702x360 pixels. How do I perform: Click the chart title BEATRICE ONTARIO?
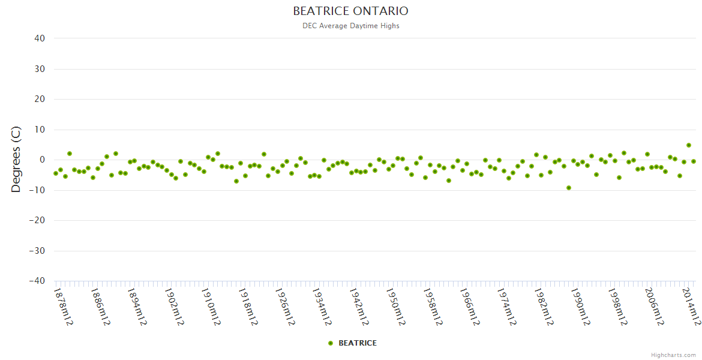pos(350,11)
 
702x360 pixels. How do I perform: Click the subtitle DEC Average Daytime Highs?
pos(350,26)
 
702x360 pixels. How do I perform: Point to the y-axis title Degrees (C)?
pos(16,160)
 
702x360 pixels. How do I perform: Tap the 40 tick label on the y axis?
pos(40,38)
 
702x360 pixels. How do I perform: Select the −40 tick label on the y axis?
pos(37,281)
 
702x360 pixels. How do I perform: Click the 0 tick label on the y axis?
pos(42,160)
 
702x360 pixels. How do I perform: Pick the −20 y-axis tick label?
pos(37,220)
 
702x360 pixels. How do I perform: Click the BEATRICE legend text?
pos(358,343)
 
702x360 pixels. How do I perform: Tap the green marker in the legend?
pos(331,343)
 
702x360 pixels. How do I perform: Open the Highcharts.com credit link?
pos(673,355)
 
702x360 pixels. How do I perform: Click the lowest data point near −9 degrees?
pos(569,188)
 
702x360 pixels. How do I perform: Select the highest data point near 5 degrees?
pos(689,145)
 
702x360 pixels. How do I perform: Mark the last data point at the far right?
pos(694,161)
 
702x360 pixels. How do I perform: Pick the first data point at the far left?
pos(56,173)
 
